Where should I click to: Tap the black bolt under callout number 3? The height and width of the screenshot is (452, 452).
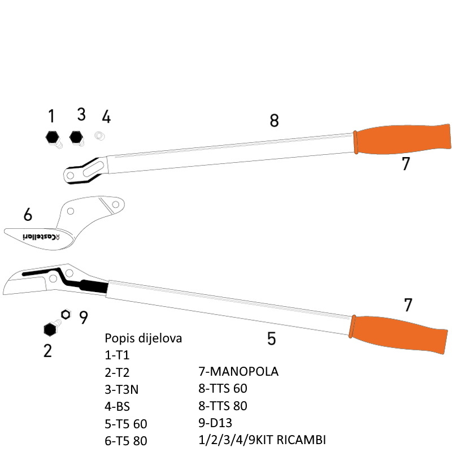[76, 138]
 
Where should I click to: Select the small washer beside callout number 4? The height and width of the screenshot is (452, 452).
[100, 136]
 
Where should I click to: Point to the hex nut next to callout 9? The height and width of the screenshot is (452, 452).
[66, 314]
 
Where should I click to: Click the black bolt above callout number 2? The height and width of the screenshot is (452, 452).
[50, 329]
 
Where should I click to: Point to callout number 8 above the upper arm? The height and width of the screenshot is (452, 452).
[274, 120]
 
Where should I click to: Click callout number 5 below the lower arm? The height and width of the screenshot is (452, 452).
[271, 338]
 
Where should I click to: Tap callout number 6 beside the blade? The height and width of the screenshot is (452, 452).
[28, 215]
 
